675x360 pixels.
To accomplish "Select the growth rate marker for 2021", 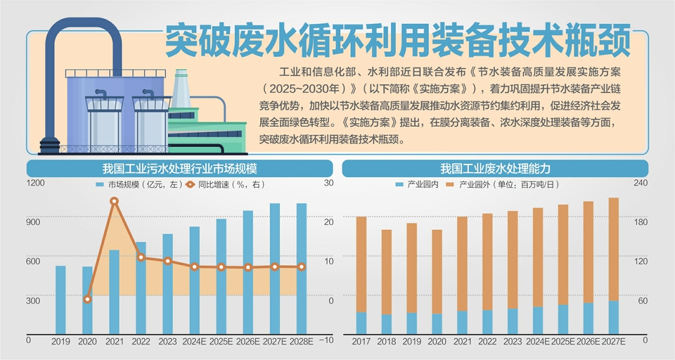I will [114, 202].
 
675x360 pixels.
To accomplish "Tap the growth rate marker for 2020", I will [87, 300].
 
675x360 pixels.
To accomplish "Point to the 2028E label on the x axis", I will [301, 341].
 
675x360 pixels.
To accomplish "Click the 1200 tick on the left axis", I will [36, 183].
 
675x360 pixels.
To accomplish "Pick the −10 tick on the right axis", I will [326, 340].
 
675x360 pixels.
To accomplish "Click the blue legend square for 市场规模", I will [100, 184].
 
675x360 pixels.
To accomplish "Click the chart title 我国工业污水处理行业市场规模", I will [179, 169].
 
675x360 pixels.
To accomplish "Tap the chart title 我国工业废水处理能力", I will [495, 169].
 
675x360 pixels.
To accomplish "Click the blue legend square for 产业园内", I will [399, 184].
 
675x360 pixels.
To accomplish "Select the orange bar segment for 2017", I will [361, 264].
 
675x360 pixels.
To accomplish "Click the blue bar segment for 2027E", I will [613, 317].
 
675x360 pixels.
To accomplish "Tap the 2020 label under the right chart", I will [437, 341].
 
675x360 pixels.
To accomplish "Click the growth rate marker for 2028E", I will [301, 266].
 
